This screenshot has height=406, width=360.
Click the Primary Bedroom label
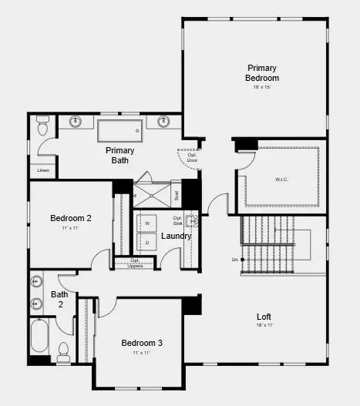(x=262, y=72)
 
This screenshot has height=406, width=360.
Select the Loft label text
(x=263, y=317)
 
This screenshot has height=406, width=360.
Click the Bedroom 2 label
(x=71, y=218)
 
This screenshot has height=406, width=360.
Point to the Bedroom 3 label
(x=142, y=343)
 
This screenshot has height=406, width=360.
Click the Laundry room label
(x=177, y=236)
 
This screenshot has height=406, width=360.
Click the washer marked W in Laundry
(x=146, y=223)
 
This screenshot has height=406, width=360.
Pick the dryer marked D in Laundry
(x=146, y=242)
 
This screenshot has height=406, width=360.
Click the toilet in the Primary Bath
(x=43, y=122)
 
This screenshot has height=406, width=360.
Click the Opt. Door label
(x=192, y=157)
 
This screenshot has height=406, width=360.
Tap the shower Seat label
(x=177, y=195)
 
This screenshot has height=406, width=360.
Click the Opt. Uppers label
(x=135, y=263)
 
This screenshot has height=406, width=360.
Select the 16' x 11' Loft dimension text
(x=263, y=326)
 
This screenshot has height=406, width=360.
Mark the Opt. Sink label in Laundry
(x=178, y=220)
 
